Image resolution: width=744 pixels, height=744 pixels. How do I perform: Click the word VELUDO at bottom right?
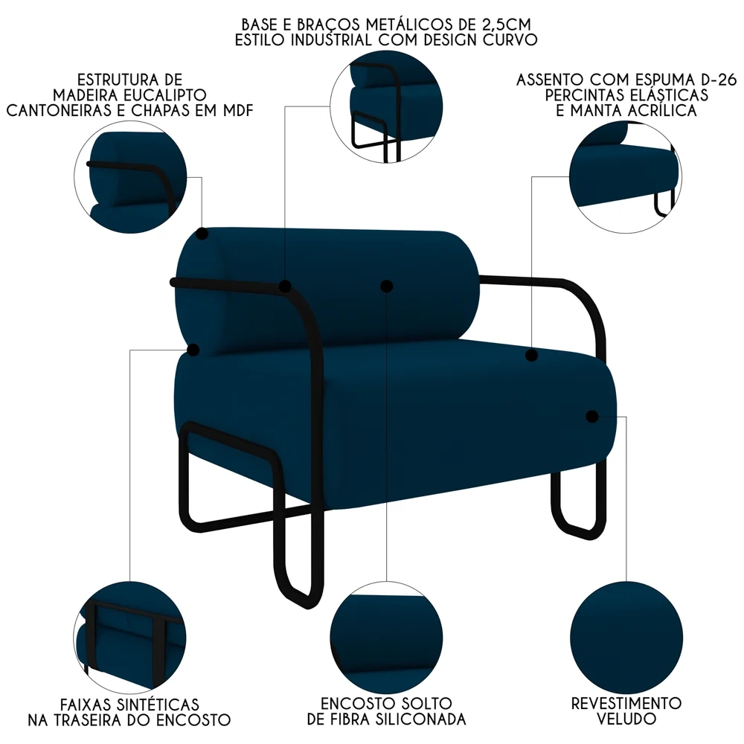(626, 719)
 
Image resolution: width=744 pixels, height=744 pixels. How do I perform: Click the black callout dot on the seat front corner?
(591, 417)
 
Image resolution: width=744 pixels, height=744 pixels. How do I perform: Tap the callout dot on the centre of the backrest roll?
(385, 286)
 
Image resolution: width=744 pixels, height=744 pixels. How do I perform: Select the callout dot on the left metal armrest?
(285, 286)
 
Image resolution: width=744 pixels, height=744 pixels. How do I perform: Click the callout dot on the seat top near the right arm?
(531, 356)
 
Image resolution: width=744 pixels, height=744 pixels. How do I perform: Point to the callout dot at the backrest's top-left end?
(202, 234)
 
